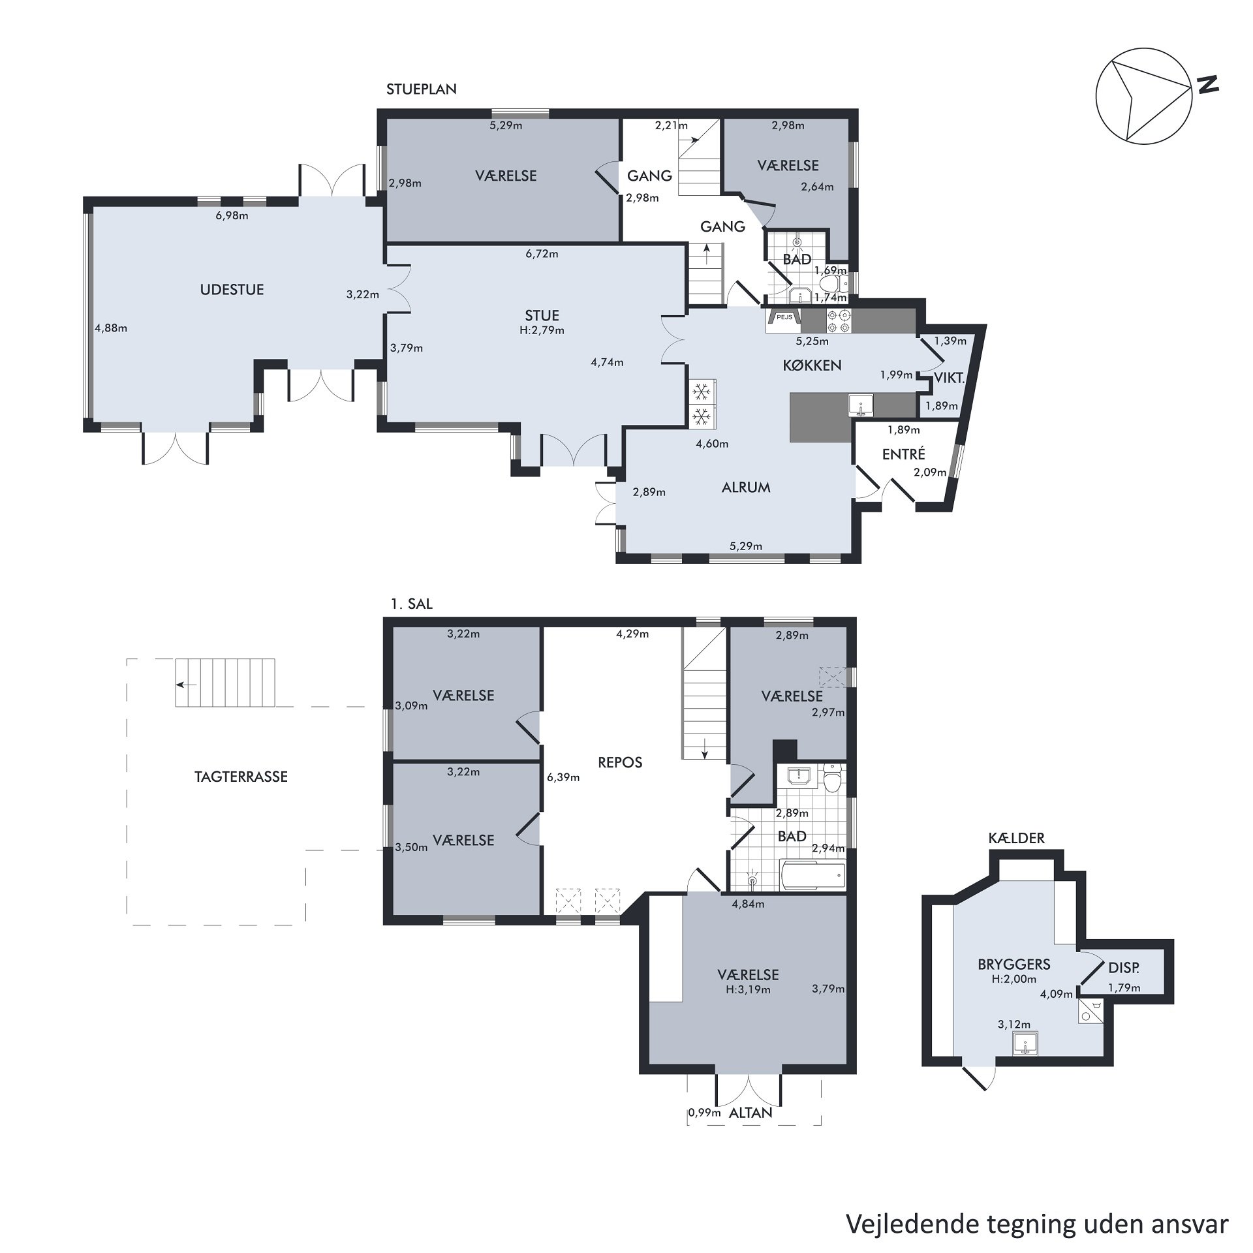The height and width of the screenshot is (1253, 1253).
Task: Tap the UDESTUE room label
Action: pyautogui.click(x=232, y=290)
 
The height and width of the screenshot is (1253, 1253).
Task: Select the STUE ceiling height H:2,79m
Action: pyautogui.click(x=542, y=330)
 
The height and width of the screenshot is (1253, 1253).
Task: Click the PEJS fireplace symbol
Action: pyautogui.click(x=784, y=318)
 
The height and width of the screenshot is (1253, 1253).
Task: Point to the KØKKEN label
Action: pyautogui.click(x=812, y=365)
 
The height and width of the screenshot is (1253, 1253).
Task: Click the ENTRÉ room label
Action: pyautogui.click(x=904, y=454)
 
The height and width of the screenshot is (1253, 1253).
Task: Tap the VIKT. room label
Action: pyautogui.click(x=950, y=377)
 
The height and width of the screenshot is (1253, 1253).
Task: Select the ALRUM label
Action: pyautogui.click(x=746, y=487)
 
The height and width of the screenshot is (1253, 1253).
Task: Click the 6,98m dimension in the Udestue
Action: pyautogui.click(x=232, y=215)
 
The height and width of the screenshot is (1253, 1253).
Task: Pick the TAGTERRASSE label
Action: pyautogui.click(x=241, y=777)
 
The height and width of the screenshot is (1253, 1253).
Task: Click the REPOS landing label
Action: pyautogui.click(x=620, y=762)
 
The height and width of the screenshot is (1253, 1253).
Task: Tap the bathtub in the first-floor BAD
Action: pyautogui.click(x=812, y=874)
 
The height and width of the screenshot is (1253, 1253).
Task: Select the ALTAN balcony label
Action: pyautogui.click(x=750, y=1113)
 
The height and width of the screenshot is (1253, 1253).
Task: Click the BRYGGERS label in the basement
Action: pyautogui.click(x=1014, y=964)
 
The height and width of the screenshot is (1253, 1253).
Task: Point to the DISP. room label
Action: pyautogui.click(x=1124, y=968)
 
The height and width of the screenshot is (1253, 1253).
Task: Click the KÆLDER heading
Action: pyautogui.click(x=1017, y=838)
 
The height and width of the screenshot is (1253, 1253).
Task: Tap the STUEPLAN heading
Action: pyautogui.click(x=422, y=89)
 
